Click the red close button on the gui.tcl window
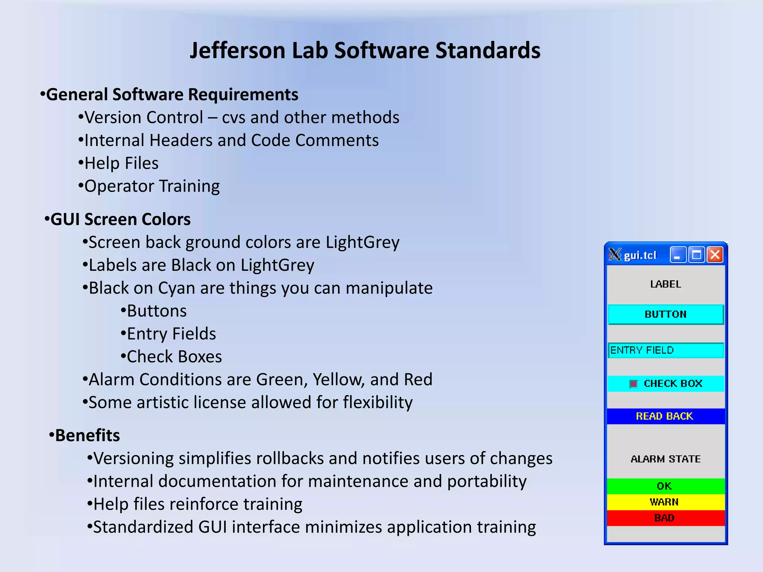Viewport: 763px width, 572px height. [715, 255]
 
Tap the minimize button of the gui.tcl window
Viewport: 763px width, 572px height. [678, 255]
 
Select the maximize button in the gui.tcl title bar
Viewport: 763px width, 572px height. [696, 255]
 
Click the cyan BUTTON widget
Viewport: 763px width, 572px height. [665, 314]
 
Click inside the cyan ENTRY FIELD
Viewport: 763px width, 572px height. [665, 350]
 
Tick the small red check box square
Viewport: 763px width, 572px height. [633, 384]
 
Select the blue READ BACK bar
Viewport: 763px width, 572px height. [665, 416]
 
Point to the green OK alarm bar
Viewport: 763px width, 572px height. [665, 486]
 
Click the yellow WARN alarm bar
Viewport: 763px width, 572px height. [665, 502]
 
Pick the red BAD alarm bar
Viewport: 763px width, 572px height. [665, 518]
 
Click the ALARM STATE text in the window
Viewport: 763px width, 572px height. [665, 459]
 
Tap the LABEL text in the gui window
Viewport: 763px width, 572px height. [665, 284]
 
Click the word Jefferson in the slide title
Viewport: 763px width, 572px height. [238, 50]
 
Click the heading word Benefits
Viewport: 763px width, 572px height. [88, 435]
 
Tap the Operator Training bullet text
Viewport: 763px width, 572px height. [152, 186]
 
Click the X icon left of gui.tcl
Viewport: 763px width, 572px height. [615, 255]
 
